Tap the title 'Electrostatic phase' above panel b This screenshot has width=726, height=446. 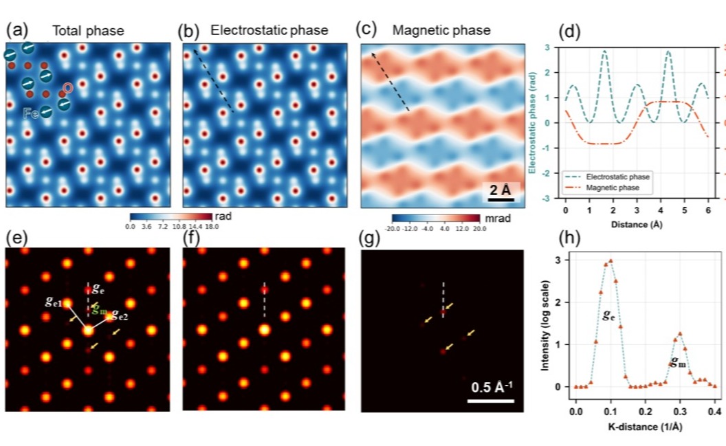coord(269,30)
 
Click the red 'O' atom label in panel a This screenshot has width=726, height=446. coord(68,87)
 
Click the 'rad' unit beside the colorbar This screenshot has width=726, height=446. coord(224,216)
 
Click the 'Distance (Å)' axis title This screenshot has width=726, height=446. coord(636,225)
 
